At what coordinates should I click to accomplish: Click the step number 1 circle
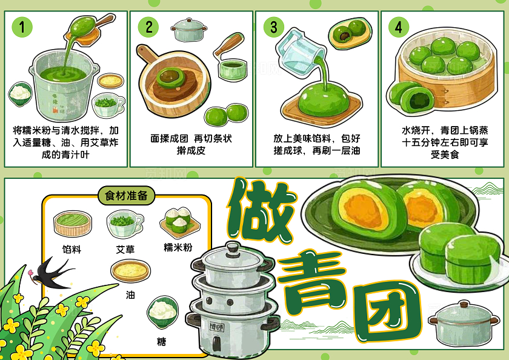22,27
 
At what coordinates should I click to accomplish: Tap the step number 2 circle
148,27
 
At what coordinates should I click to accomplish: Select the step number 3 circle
274,27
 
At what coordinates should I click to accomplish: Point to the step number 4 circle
398,27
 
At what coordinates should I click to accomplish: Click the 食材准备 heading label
126,196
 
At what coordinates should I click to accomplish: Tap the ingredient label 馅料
72,249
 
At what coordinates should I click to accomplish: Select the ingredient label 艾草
125,249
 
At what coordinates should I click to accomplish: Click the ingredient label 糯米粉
178,247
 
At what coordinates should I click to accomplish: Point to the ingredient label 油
131,295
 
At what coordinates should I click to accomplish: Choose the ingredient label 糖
161,342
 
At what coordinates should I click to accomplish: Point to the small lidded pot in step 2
189,28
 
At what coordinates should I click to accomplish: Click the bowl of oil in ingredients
131,271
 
